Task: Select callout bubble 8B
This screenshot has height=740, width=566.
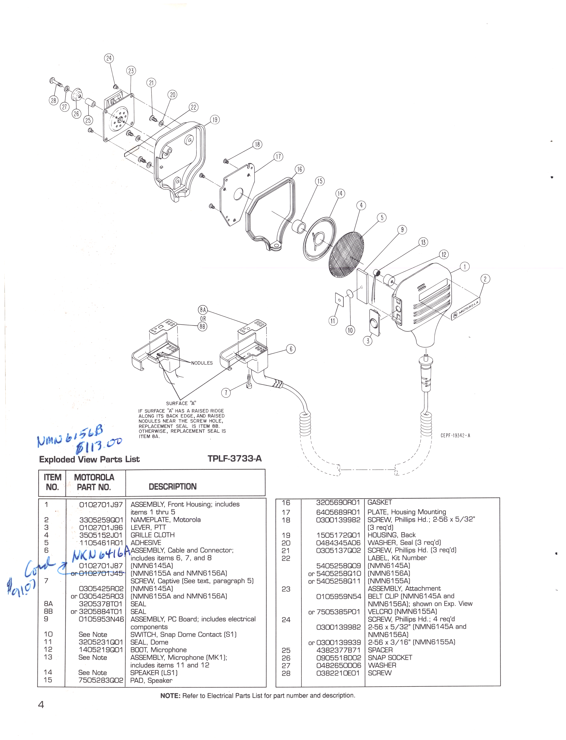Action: pyautogui.click(x=203, y=326)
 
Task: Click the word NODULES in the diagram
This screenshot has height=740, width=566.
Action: pyautogui.click(x=202, y=363)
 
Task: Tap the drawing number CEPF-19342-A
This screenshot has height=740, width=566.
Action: pyautogui.click(x=455, y=435)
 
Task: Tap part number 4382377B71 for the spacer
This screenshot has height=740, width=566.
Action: pyautogui.click(x=338, y=650)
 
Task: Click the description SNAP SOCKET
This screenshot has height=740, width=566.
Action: pyautogui.click(x=390, y=658)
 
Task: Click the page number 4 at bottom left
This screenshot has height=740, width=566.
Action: pyautogui.click(x=41, y=705)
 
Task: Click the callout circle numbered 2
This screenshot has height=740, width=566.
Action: pyautogui.click(x=485, y=279)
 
